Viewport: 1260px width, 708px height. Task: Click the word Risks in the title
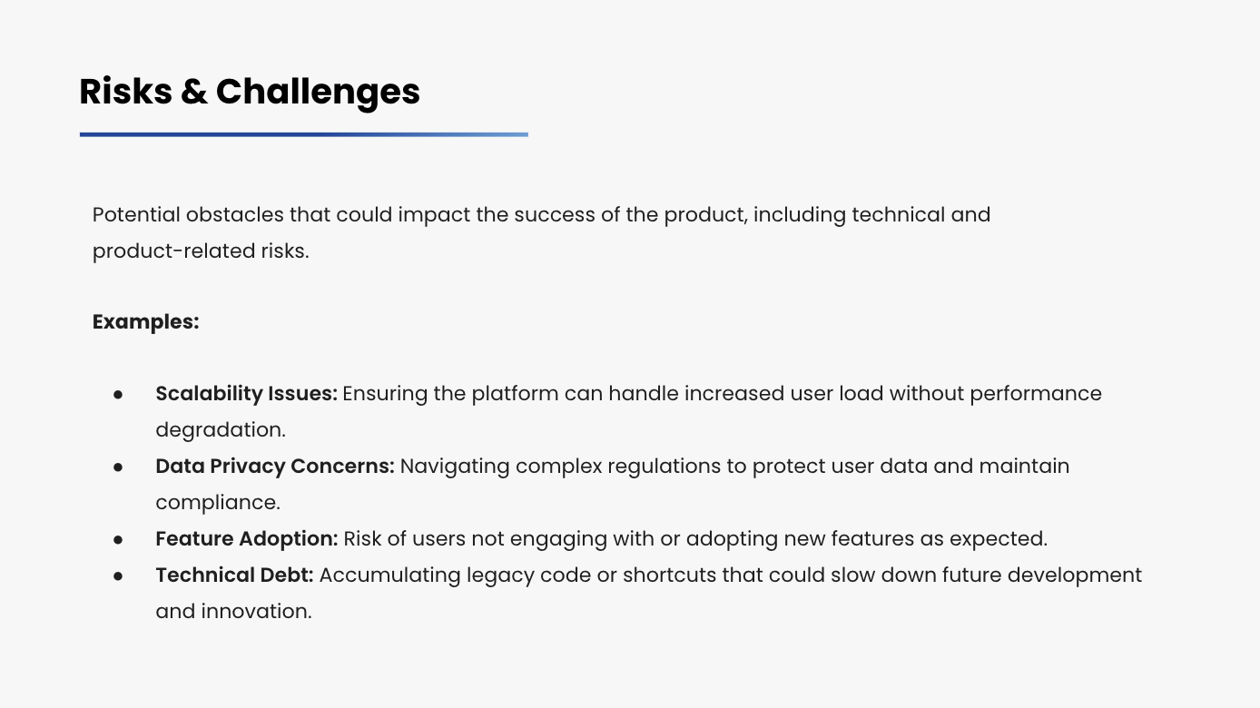click(x=126, y=91)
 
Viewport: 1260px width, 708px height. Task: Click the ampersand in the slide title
click(x=194, y=92)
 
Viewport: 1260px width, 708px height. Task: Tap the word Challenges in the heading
click(x=318, y=93)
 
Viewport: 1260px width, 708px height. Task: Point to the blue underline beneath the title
click(x=304, y=134)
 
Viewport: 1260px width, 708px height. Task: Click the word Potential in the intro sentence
click(x=136, y=215)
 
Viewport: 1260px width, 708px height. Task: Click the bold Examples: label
click(x=145, y=322)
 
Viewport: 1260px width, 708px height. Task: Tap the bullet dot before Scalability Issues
click(x=118, y=395)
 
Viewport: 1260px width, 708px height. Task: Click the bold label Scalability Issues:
click(x=246, y=394)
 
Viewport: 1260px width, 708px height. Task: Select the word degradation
click(x=221, y=430)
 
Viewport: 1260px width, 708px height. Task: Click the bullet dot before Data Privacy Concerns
click(x=118, y=467)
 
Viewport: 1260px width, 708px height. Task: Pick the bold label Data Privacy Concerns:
click(x=275, y=467)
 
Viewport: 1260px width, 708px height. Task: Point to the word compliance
click(x=218, y=503)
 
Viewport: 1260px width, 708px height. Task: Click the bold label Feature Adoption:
click(x=246, y=539)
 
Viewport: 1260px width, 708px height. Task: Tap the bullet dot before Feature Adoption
click(x=118, y=540)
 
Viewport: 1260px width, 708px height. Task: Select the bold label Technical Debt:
click(x=234, y=575)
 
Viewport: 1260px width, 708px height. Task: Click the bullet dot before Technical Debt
click(x=118, y=576)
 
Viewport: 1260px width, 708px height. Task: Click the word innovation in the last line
click(x=256, y=612)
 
